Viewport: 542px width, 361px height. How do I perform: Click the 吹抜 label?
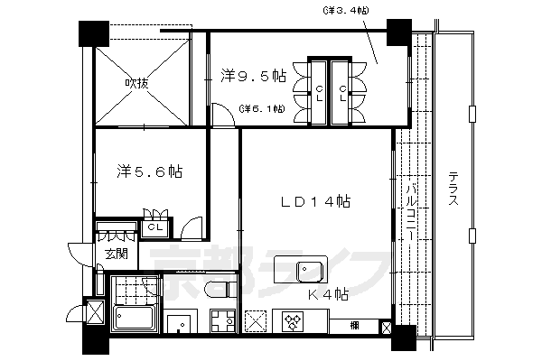tap(137, 84)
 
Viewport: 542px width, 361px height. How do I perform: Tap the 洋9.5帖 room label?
tap(253, 77)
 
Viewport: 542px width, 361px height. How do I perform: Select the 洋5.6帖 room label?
tap(150, 170)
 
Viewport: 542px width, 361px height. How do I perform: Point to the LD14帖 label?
tap(315, 202)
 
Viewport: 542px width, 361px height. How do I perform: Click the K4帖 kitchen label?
tap(330, 294)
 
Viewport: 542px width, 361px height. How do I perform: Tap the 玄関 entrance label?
tap(115, 254)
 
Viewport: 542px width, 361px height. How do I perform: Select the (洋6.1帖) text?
tap(262, 109)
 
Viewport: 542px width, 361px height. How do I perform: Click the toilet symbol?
tap(218, 289)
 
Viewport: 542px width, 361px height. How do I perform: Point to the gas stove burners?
tap(294, 320)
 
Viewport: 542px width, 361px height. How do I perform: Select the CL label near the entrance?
tap(155, 227)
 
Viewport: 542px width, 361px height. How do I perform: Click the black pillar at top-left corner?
tap(93, 32)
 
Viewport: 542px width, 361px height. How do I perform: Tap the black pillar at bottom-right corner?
tap(403, 338)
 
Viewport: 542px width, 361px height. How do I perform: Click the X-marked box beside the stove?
tap(256, 320)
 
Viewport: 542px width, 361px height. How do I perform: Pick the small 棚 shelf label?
tap(355, 323)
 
